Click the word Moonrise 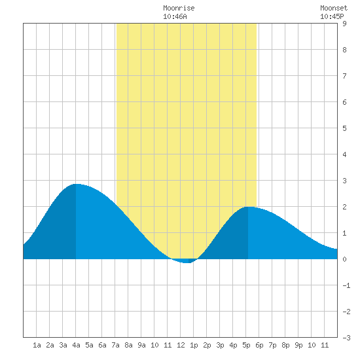point(179,8)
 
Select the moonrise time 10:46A point(175,16)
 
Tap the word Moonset point(334,8)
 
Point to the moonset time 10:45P point(332,16)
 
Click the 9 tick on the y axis point(344,24)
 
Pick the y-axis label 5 point(344,128)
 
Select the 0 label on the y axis point(344,259)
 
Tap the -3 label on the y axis point(346,338)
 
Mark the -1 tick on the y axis point(346,285)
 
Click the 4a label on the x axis point(76,345)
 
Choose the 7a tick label point(115,345)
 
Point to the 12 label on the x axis point(181,345)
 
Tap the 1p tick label point(194,346)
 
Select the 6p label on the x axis point(259,346)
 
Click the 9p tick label point(298,346)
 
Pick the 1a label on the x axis point(37,345)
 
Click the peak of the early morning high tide point(77,184)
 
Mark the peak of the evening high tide point(249,207)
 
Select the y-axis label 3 point(344,181)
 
